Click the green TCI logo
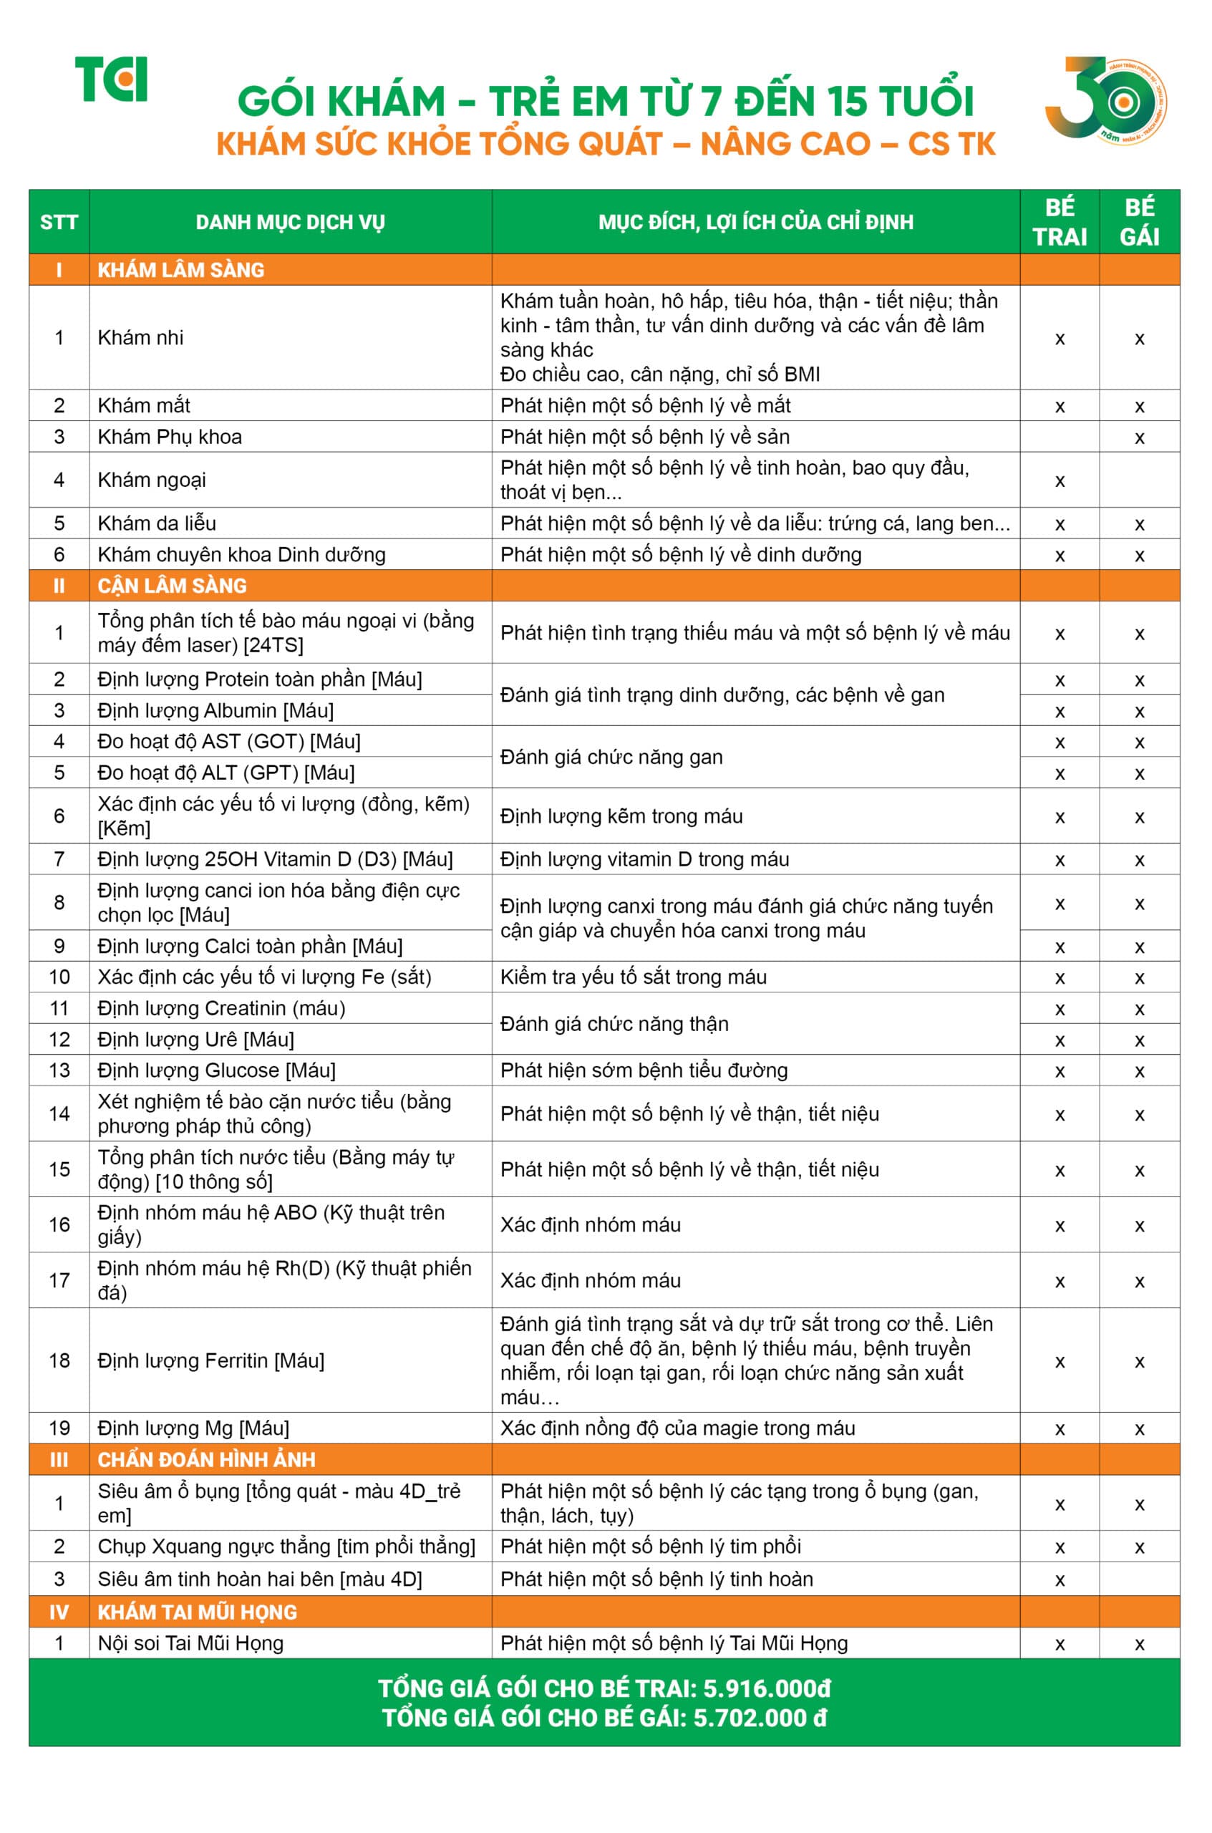click(x=110, y=79)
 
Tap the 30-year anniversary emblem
click(x=1105, y=98)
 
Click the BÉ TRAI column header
click(x=1059, y=222)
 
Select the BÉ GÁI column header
click(x=1140, y=222)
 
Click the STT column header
click(x=59, y=223)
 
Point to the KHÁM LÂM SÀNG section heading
click(x=181, y=270)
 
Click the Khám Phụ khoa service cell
click(x=170, y=437)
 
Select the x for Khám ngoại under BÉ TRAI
click(x=1060, y=481)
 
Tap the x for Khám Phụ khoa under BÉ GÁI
click(x=1140, y=438)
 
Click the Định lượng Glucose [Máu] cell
click(x=216, y=1070)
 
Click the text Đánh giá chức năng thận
click(x=614, y=1024)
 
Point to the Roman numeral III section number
click(x=59, y=1459)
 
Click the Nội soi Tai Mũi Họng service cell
click(x=191, y=1643)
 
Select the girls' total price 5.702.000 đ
click(x=760, y=1718)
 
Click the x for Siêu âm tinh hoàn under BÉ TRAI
click(x=1060, y=1580)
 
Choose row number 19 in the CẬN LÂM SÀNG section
click(x=59, y=1428)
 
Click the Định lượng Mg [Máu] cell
click(x=193, y=1428)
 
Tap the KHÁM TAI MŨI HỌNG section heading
click(x=197, y=1612)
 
